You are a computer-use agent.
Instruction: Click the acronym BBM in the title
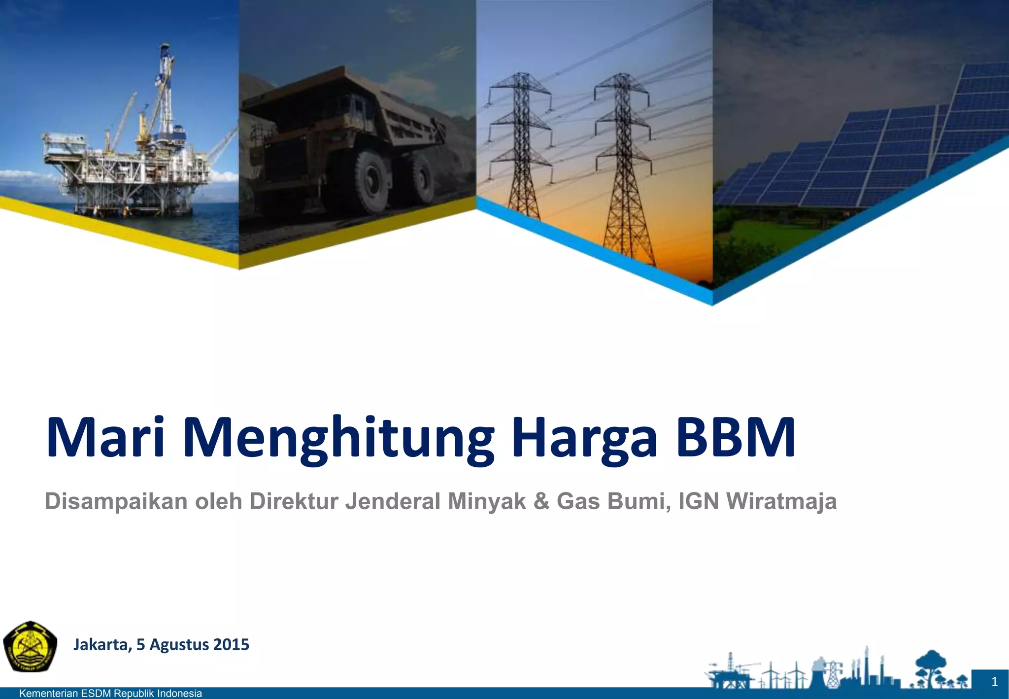coord(736,437)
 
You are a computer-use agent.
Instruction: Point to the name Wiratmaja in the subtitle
coord(781,501)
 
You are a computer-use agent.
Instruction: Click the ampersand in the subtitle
coord(541,501)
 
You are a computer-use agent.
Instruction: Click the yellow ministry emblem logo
coord(30,646)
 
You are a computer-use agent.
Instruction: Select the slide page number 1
coord(994,682)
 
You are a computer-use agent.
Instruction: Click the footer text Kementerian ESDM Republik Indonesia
coord(110,694)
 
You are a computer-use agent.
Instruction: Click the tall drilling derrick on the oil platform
coord(166,89)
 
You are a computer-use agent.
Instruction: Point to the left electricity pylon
coord(520,148)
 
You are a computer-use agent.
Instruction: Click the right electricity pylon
coord(624,163)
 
